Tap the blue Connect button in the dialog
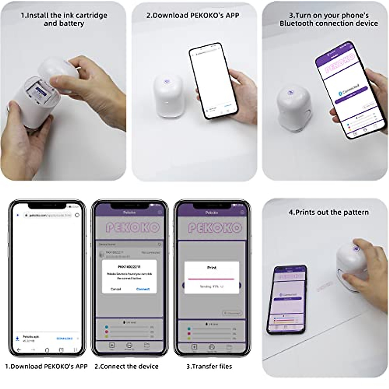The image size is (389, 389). [143, 289]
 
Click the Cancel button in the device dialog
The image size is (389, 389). [116, 289]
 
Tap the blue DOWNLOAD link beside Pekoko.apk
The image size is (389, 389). [65, 338]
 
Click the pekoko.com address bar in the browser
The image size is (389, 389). [49, 215]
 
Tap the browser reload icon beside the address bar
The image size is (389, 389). [77, 215]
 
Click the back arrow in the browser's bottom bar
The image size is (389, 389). [19, 350]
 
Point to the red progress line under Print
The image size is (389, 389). [211, 278]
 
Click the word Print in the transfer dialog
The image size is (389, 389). [211, 268]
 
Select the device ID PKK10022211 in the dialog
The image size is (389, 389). [129, 267]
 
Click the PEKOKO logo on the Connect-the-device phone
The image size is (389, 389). [133, 228]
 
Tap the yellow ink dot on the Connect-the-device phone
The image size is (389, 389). [107, 336]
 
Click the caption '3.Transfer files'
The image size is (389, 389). [209, 367]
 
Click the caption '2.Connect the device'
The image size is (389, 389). [126, 367]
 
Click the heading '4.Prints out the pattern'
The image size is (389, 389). [328, 213]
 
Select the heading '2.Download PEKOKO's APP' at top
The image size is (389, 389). [193, 16]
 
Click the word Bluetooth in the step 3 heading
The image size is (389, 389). [296, 24]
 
